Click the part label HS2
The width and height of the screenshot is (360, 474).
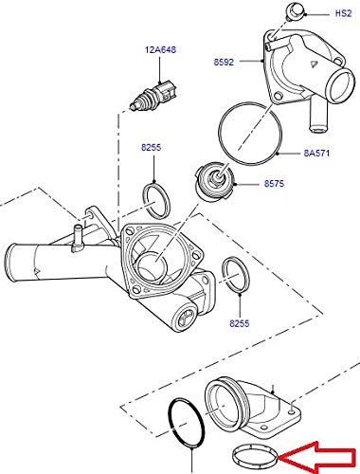tap(343, 13)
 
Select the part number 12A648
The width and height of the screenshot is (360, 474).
tap(160, 50)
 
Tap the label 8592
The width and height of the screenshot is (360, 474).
tap(224, 63)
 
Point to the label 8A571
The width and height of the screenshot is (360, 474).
tap(316, 154)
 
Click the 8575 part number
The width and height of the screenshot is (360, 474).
tap(274, 184)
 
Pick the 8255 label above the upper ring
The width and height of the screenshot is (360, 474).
tap(151, 147)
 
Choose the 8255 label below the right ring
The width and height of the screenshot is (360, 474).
tap(240, 323)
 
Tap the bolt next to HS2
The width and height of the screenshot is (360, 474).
tap(295, 11)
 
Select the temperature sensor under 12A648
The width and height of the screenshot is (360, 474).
tap(154, 96)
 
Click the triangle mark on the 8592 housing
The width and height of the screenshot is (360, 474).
tap(312, 64)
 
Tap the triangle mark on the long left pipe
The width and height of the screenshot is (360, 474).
tap(37, 271)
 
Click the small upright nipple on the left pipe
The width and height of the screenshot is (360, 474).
tap(77, 237)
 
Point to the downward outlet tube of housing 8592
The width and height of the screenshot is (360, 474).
tap(316, 116)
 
